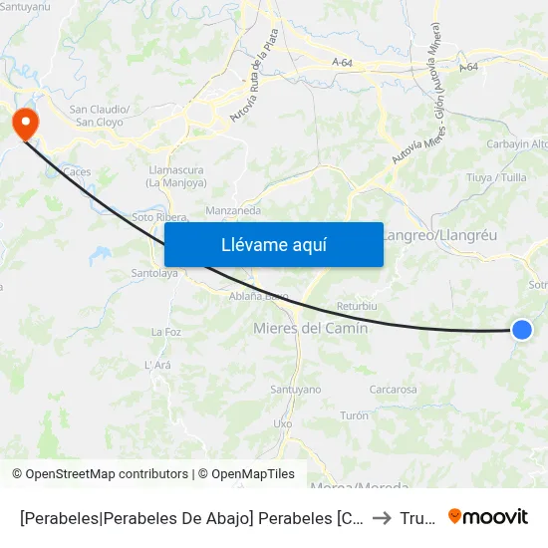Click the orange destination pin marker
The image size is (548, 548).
(22, 124)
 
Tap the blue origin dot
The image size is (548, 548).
(521, 330)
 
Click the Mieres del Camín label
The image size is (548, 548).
(311, 328)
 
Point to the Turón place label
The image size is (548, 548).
(354, 415)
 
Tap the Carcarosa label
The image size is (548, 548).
(393, 390)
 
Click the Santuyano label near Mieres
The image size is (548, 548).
(295, 390)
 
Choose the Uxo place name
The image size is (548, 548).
(283, 422)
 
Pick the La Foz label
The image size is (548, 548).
(165, 332)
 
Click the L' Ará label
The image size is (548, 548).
(158, 365)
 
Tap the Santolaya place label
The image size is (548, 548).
(154, 272)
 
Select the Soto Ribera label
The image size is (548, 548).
(160, 217)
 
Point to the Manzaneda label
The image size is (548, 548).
(233, 211)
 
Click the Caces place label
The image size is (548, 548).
(77, 171)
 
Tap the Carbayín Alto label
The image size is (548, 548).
(517, 143)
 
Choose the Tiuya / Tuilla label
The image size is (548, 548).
(496, 178)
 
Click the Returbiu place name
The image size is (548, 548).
(357, 306)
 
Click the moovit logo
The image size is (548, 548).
(488, 516)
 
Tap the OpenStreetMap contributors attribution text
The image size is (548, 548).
(100, 474)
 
